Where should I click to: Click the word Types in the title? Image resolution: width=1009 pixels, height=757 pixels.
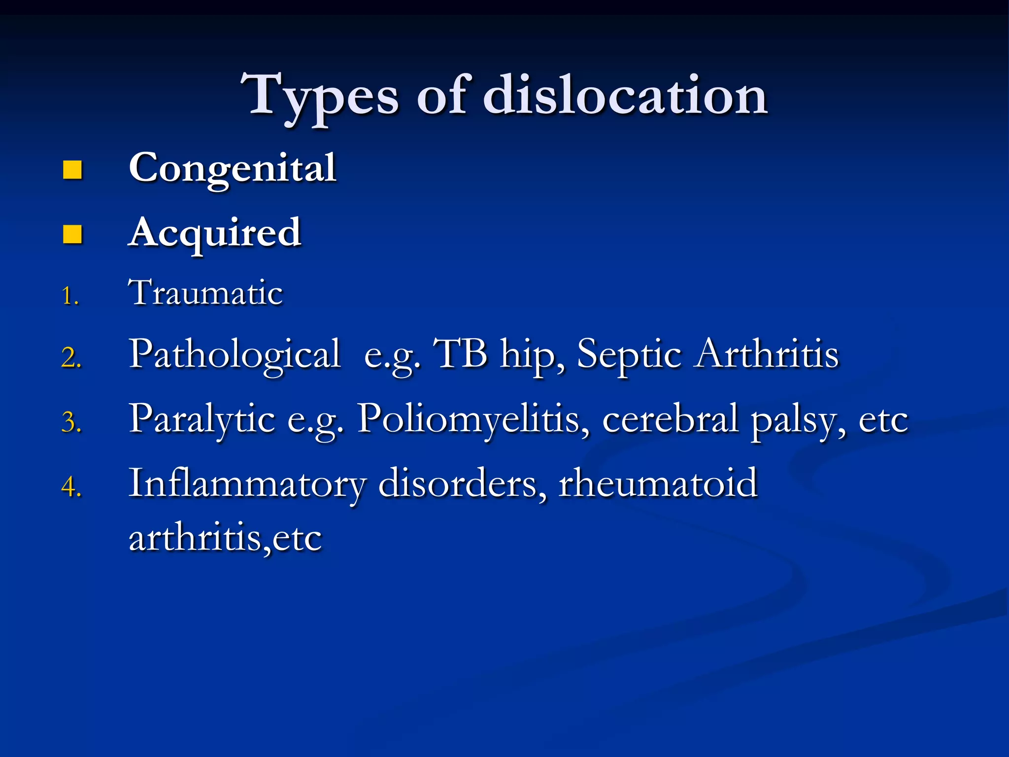[x=319, y=96]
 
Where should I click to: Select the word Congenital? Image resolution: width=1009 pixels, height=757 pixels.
[x=233, y=169]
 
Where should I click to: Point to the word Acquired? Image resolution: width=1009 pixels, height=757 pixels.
[x=214, y=234]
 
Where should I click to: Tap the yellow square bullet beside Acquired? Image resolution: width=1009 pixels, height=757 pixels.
[x=72, y=234]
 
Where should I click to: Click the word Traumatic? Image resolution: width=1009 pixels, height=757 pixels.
[x=205, y=293]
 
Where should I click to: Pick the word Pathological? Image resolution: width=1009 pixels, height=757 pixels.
[x=235, y=355]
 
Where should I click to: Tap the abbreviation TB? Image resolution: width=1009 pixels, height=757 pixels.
[x=460, y=354]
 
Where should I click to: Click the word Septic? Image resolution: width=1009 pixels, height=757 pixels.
[x=629, y=355]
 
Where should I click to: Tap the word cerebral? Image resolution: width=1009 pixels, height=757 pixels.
[x=671, y=419]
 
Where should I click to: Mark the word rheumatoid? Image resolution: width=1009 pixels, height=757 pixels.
[x=658, y=484]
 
